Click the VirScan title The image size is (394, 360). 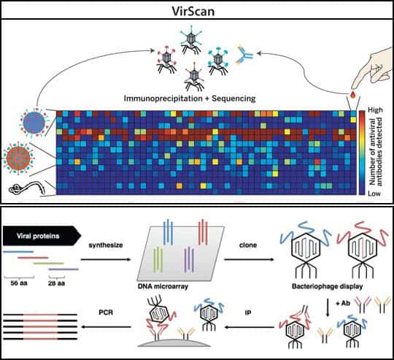[193, 11]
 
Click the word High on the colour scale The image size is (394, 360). [375, 110]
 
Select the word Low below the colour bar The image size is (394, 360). [374, 194]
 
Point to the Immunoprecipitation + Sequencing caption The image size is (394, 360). [190, 99]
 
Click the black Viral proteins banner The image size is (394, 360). [42, 236]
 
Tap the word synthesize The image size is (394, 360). [106, 245]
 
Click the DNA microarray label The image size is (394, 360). [163, 286]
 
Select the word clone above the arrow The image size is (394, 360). [248, 245]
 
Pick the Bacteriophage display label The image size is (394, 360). [327, 286]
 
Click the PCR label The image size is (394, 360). [106, 313]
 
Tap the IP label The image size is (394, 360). [248, 313]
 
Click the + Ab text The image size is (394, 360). [343, 303]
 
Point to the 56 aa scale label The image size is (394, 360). [19, 283]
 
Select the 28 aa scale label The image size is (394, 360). [56, 283]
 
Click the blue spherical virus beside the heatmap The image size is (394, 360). [34, 123]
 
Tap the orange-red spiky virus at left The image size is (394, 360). [18, 158]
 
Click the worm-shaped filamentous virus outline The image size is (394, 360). [27, 188]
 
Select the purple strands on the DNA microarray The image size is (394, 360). [189, 260]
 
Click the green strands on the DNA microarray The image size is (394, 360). [158, 260]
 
